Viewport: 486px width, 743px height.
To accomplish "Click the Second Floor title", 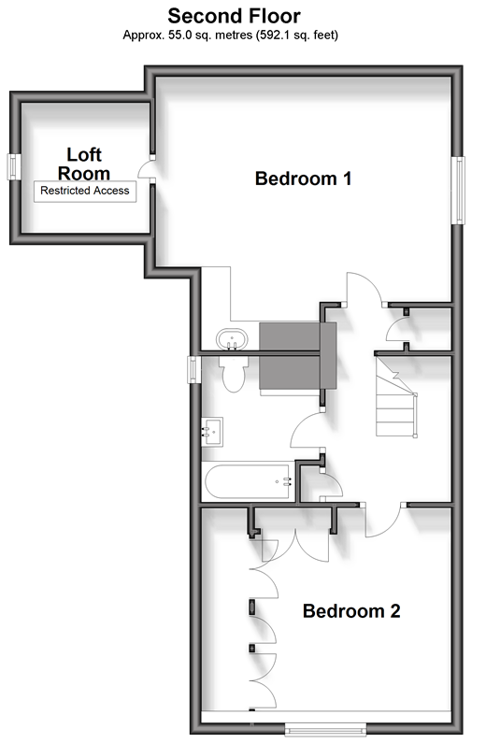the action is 234,16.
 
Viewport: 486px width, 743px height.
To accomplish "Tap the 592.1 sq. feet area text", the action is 297,36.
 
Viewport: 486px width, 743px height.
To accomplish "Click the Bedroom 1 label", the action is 303,179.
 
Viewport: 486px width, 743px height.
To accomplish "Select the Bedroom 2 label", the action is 351,611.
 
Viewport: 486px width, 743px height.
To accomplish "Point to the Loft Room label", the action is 84,164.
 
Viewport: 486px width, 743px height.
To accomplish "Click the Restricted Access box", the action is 85,191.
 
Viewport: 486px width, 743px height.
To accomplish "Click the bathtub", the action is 247,481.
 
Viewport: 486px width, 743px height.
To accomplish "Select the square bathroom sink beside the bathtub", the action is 212,432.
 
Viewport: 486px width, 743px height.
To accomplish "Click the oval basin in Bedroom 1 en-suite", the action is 232,339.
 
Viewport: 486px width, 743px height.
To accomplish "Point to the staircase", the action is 396,397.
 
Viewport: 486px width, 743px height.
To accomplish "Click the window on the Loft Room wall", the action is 13,166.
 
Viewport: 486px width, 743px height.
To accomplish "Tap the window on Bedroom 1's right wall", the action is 459,190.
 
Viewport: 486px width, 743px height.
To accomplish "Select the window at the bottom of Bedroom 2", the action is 325,728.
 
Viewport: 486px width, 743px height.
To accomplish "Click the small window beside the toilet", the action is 193,369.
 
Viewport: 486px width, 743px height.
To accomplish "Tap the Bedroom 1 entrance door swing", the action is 365,288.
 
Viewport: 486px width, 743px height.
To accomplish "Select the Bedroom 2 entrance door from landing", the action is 383,520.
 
